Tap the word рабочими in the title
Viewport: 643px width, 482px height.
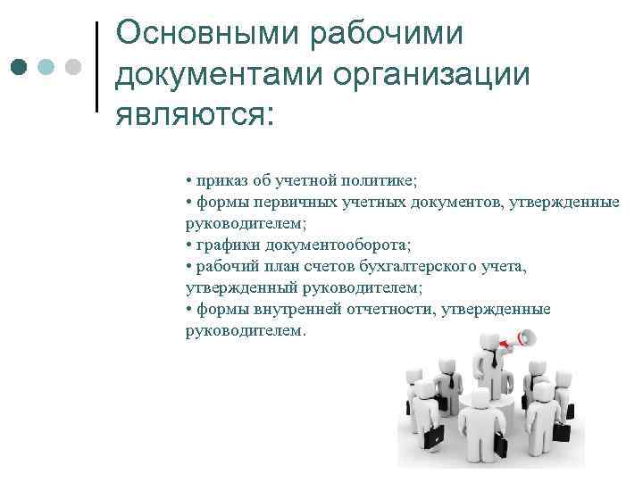click(x=388, y=33)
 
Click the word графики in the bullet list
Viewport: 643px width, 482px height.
click(x=224, y=245)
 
